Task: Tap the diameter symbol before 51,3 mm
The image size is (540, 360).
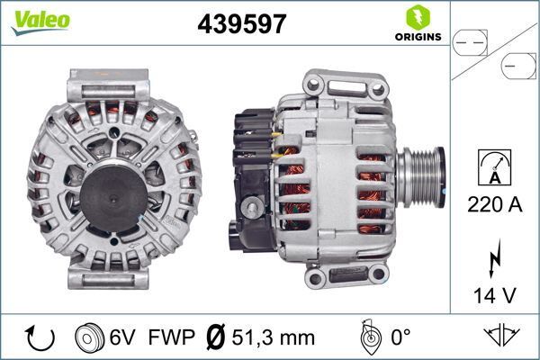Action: click(x=216, y=337)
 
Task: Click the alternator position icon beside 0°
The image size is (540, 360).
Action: click(x=368, y=337)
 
